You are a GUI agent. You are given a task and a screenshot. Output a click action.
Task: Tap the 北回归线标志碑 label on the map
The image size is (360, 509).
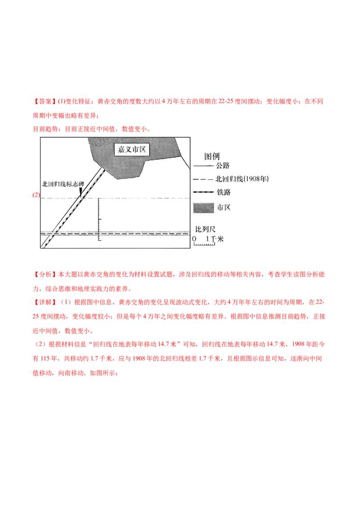(x=63, y=183)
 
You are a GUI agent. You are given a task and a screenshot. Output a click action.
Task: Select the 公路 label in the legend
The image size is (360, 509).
(x=223, y=166)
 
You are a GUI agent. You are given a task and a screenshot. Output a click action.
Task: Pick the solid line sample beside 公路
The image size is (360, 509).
(x=203, y=166)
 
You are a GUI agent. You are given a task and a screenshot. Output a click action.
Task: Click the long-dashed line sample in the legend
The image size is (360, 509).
(x=203, y=179)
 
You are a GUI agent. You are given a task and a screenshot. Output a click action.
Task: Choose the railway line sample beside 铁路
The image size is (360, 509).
(x=203, y=192)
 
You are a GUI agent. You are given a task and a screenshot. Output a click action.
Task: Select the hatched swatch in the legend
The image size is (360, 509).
(x=203, y=208)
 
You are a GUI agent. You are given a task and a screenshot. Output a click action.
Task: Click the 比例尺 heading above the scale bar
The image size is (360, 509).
(x=205, y=229)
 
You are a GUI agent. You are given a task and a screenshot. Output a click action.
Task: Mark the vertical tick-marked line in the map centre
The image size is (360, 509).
(x=99, y=220)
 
